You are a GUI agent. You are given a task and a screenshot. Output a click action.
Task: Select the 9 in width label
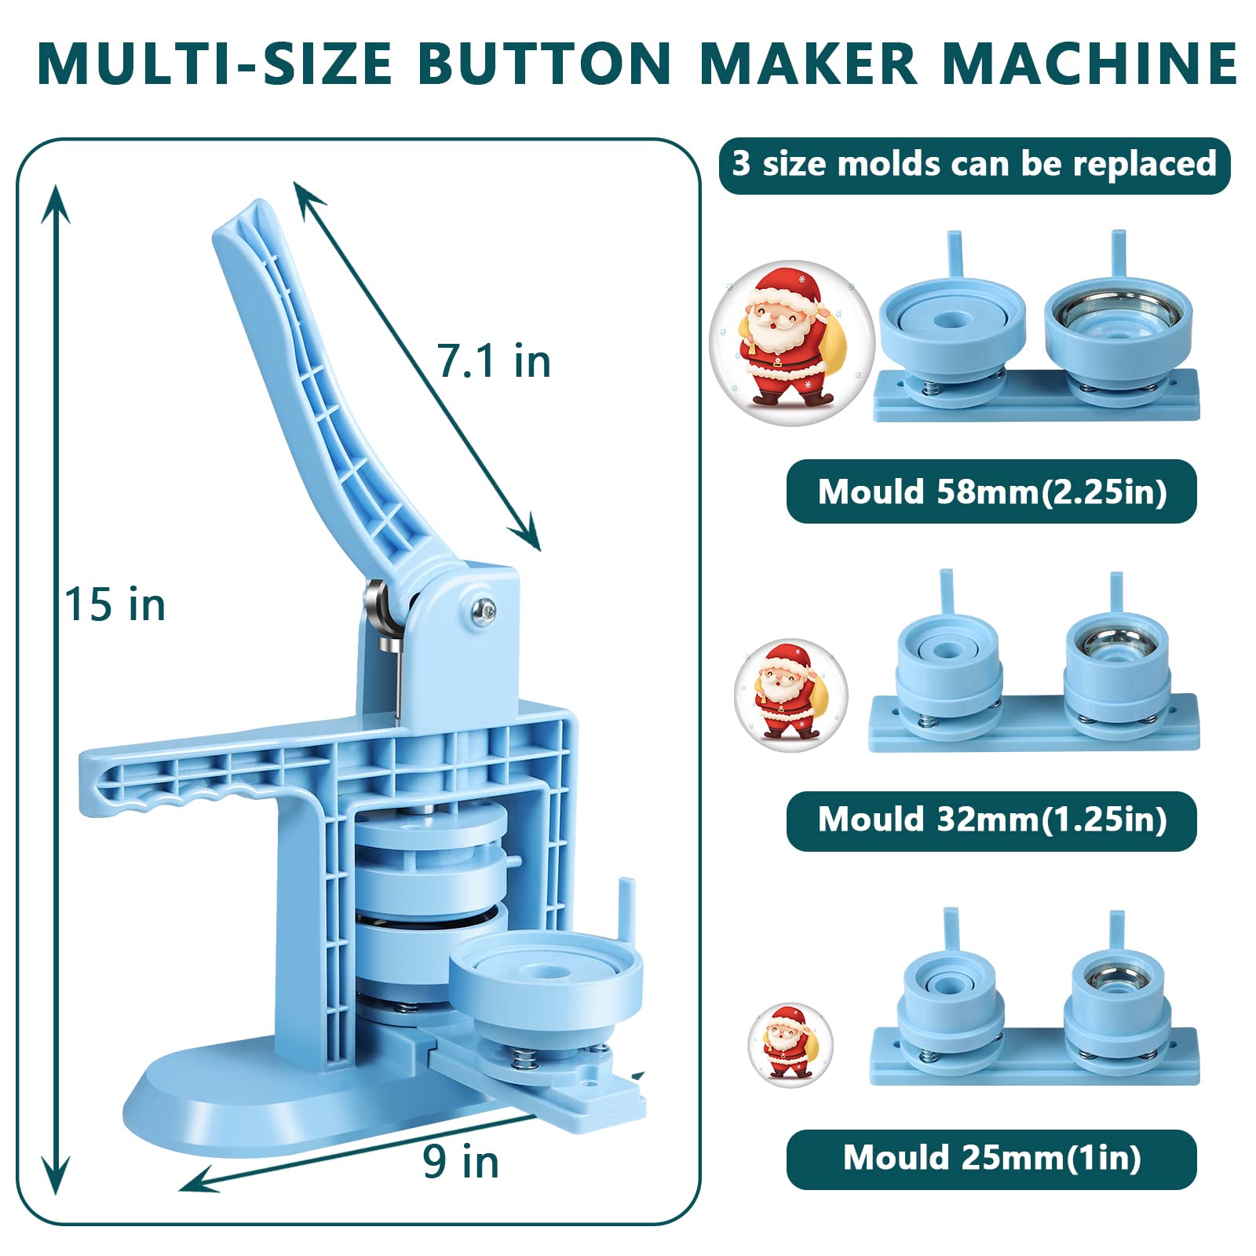coord(461,1162)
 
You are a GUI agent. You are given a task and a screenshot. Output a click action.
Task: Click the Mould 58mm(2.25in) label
coord(991,492)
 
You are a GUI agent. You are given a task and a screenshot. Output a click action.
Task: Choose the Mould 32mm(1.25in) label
coord(991,820)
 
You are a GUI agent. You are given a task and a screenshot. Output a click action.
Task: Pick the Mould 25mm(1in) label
coord(991,1159)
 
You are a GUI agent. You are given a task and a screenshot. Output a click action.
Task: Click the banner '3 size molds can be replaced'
coord(974,165)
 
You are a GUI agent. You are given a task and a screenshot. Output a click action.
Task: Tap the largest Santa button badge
coord(791,342)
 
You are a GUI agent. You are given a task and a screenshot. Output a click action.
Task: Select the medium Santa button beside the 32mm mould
coord(790,695)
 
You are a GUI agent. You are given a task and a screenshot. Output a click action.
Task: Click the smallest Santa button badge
coord(790,1045)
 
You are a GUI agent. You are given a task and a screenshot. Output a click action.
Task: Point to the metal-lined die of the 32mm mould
coord(1117,659)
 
